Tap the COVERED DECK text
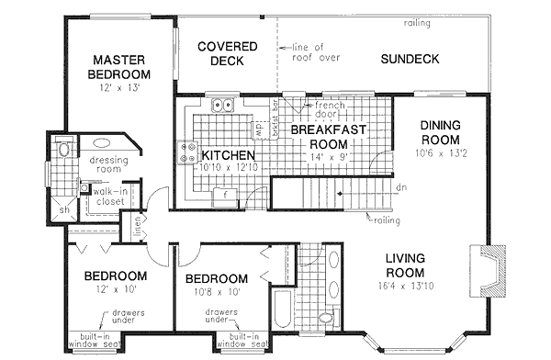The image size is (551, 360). tap(220, 53)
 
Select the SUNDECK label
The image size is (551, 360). tap(410, 61)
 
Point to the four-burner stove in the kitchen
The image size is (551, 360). tap(191, 151)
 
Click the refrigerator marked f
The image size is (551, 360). tap(223, 194)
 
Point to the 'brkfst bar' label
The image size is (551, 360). tap(274, 118)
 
